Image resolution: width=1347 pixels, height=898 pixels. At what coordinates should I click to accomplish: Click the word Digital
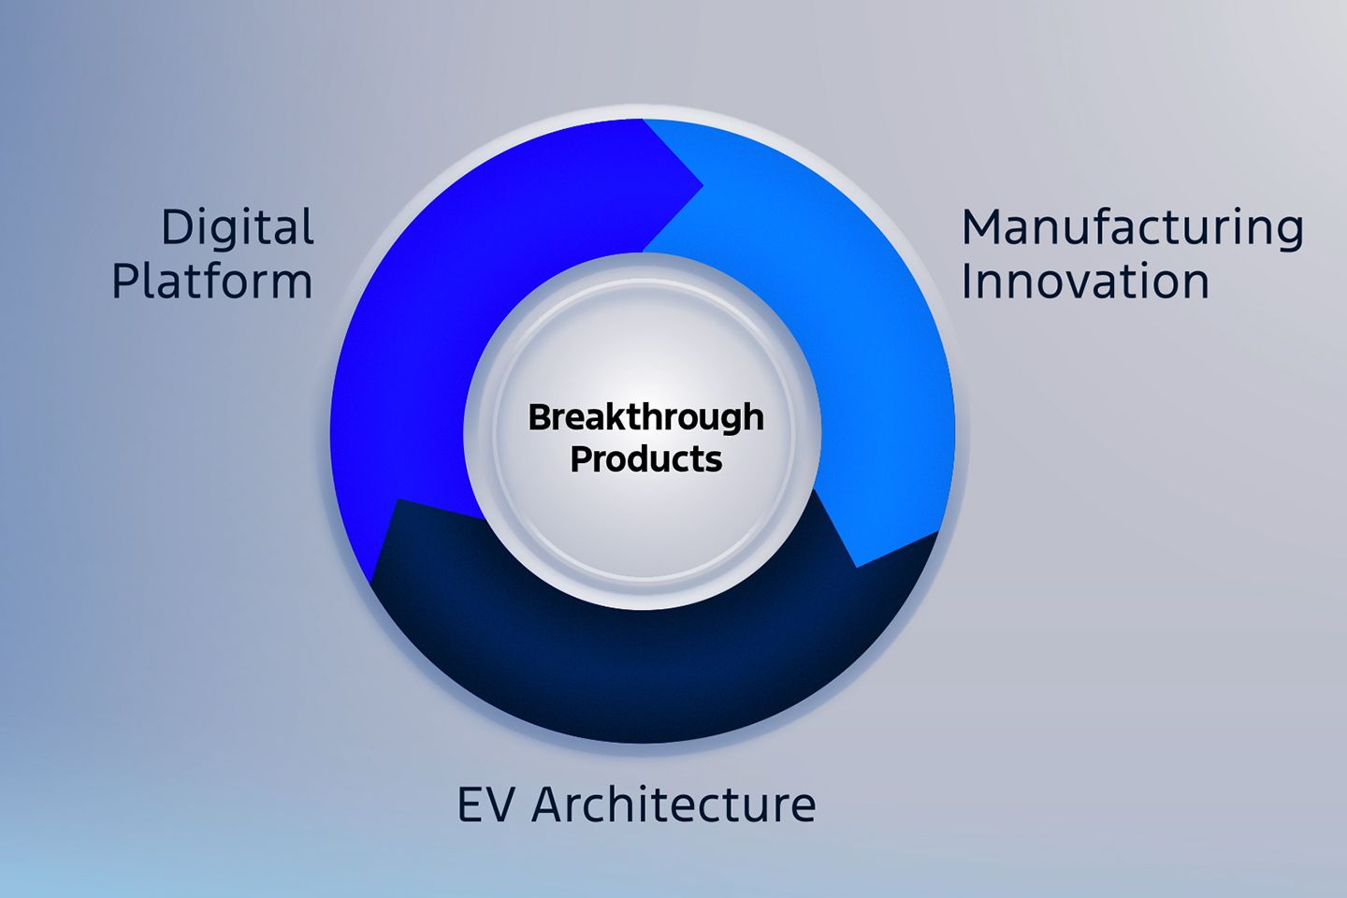coord(238,227)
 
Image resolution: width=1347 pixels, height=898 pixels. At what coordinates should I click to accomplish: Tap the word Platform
coord(212,281)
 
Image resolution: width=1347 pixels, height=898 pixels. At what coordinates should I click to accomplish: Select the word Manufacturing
coord(1132,228)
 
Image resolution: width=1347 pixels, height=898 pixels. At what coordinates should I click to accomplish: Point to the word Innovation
coord(1085,281)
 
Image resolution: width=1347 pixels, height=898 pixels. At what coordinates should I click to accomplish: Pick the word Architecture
coord(673,804)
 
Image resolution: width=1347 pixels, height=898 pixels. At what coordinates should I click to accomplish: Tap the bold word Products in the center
coord(645,459)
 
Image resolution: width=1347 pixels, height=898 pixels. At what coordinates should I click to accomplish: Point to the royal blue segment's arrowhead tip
coord(703,185)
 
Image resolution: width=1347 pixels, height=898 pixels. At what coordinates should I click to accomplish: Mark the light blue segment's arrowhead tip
coord(856,567)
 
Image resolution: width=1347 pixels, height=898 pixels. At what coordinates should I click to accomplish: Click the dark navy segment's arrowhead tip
coord(398,500)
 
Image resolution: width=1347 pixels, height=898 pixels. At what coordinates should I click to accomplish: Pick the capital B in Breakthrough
coord(540,417)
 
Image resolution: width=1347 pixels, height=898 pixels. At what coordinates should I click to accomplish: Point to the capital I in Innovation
coord(965,281)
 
